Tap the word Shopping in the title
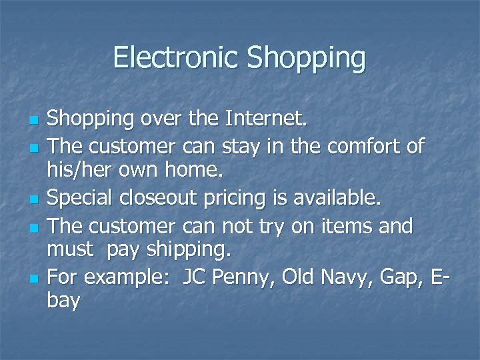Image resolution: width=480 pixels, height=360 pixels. [x=306, y=58]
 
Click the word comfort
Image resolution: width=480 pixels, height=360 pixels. [x=371, y=146]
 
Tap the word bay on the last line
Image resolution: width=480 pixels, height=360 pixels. [x=64, y=301]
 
